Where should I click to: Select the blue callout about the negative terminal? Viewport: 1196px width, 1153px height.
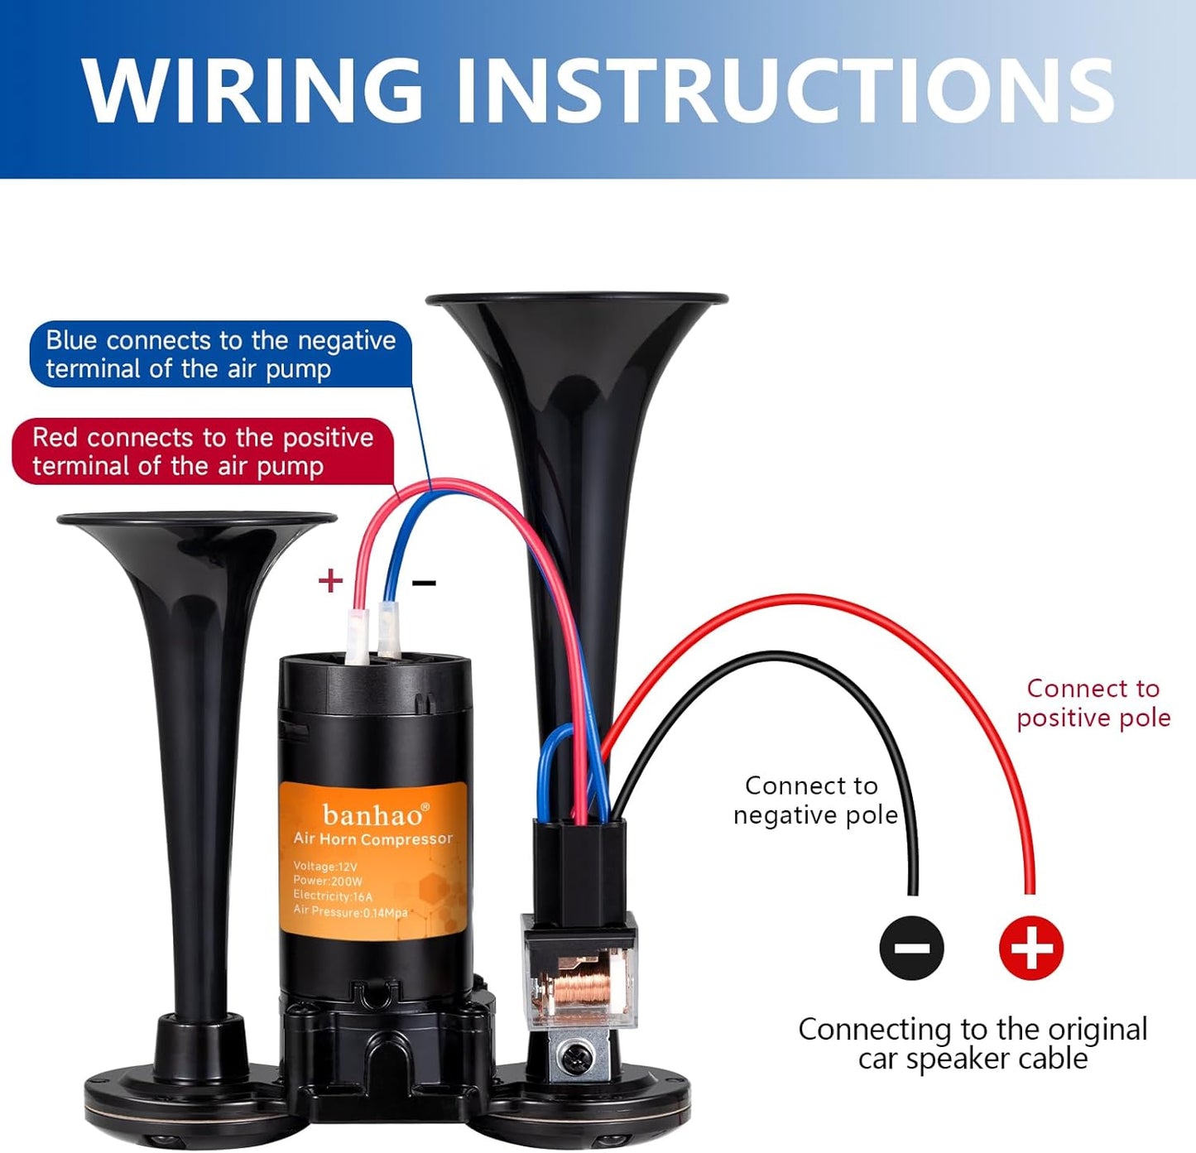coord(220,354)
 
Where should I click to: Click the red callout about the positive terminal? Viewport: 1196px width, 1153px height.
coord(203,451)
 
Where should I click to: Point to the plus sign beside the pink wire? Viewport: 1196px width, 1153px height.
coord(330,580)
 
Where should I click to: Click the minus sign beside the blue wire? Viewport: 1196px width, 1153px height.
coord(424,584)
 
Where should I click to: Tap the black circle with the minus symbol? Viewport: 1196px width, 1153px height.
coord(911,948)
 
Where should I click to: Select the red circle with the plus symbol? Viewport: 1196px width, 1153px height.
coord(1030,948)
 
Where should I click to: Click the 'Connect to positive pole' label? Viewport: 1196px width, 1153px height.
coord(1093,703)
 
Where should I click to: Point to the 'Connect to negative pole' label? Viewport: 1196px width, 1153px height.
coord(814,800)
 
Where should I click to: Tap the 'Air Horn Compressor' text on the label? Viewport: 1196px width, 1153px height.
coord(373,839)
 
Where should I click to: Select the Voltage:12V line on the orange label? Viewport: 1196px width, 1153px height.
coord(325,867)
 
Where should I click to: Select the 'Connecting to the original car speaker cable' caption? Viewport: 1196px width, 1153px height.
coord(973,1044)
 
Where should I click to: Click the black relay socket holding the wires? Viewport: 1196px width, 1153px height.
coord(579,865)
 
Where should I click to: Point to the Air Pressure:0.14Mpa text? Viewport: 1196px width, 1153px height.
coord(350,911)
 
